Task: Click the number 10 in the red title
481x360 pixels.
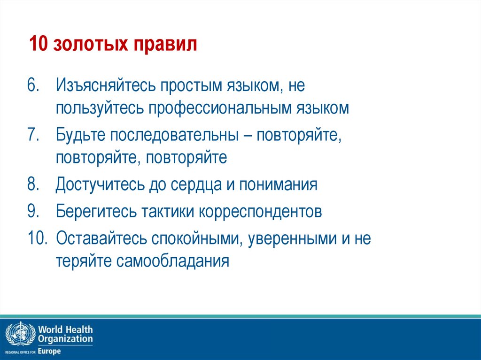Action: (39, 46)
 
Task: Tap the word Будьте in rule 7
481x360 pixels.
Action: (80, 135)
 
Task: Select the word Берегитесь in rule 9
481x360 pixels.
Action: (96, 211)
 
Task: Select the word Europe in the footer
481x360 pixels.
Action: (49, 351)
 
